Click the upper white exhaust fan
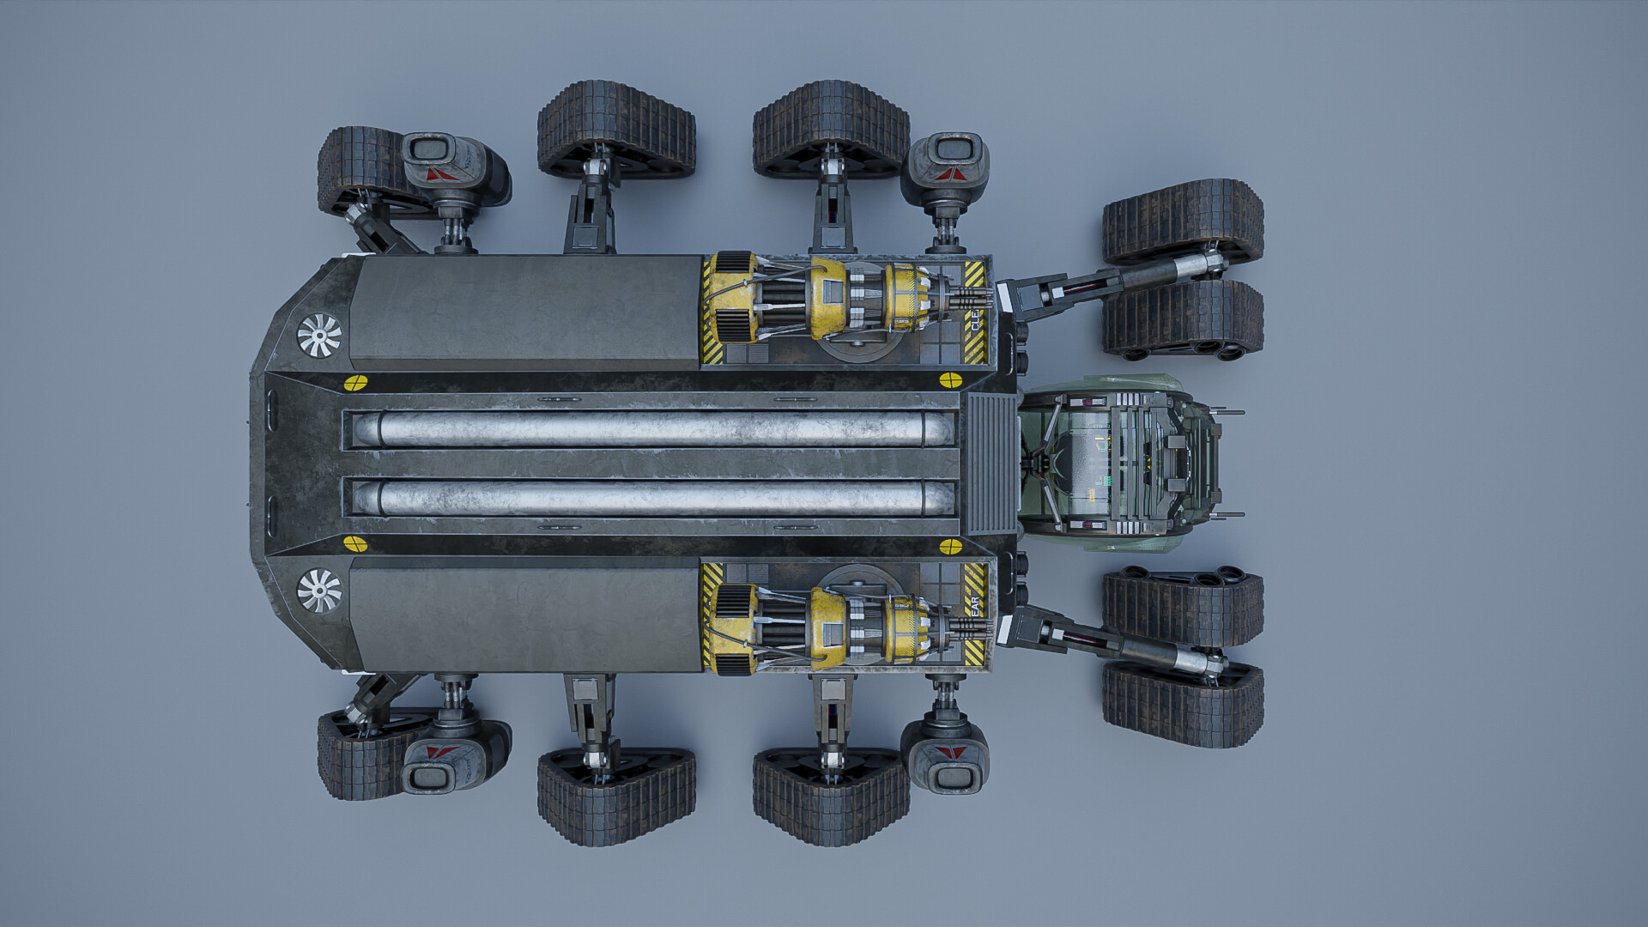pos(319,335)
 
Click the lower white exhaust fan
pos(319,591)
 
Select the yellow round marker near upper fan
pos(355,383)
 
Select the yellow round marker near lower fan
pos(355,543)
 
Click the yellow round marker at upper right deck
pos(950,380)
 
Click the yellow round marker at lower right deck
pos(950,547)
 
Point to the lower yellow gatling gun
pos(845,628)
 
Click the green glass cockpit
pos(1116,463)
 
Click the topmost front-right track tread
pos(1183,220)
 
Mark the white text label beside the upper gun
pos(976,321)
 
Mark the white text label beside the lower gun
pos(975,606)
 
